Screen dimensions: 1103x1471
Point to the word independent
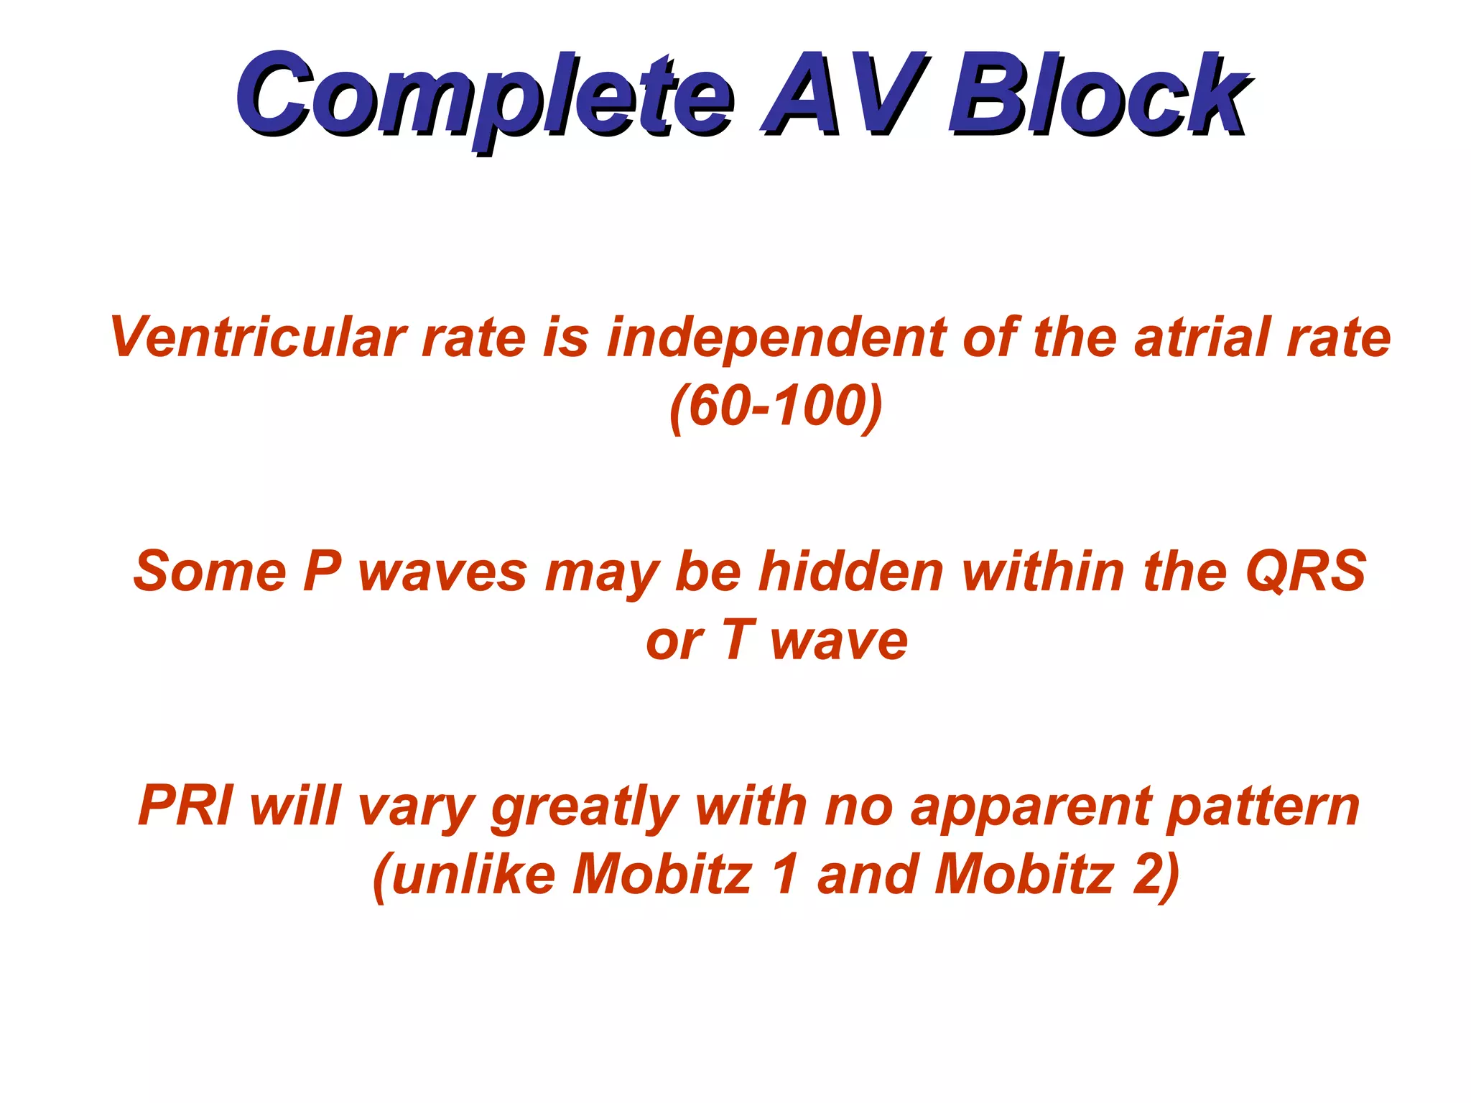(775, 338)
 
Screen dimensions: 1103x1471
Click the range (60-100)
(776, 406)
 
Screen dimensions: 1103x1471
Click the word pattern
(1263, 806)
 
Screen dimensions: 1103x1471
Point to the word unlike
(474, 875)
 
